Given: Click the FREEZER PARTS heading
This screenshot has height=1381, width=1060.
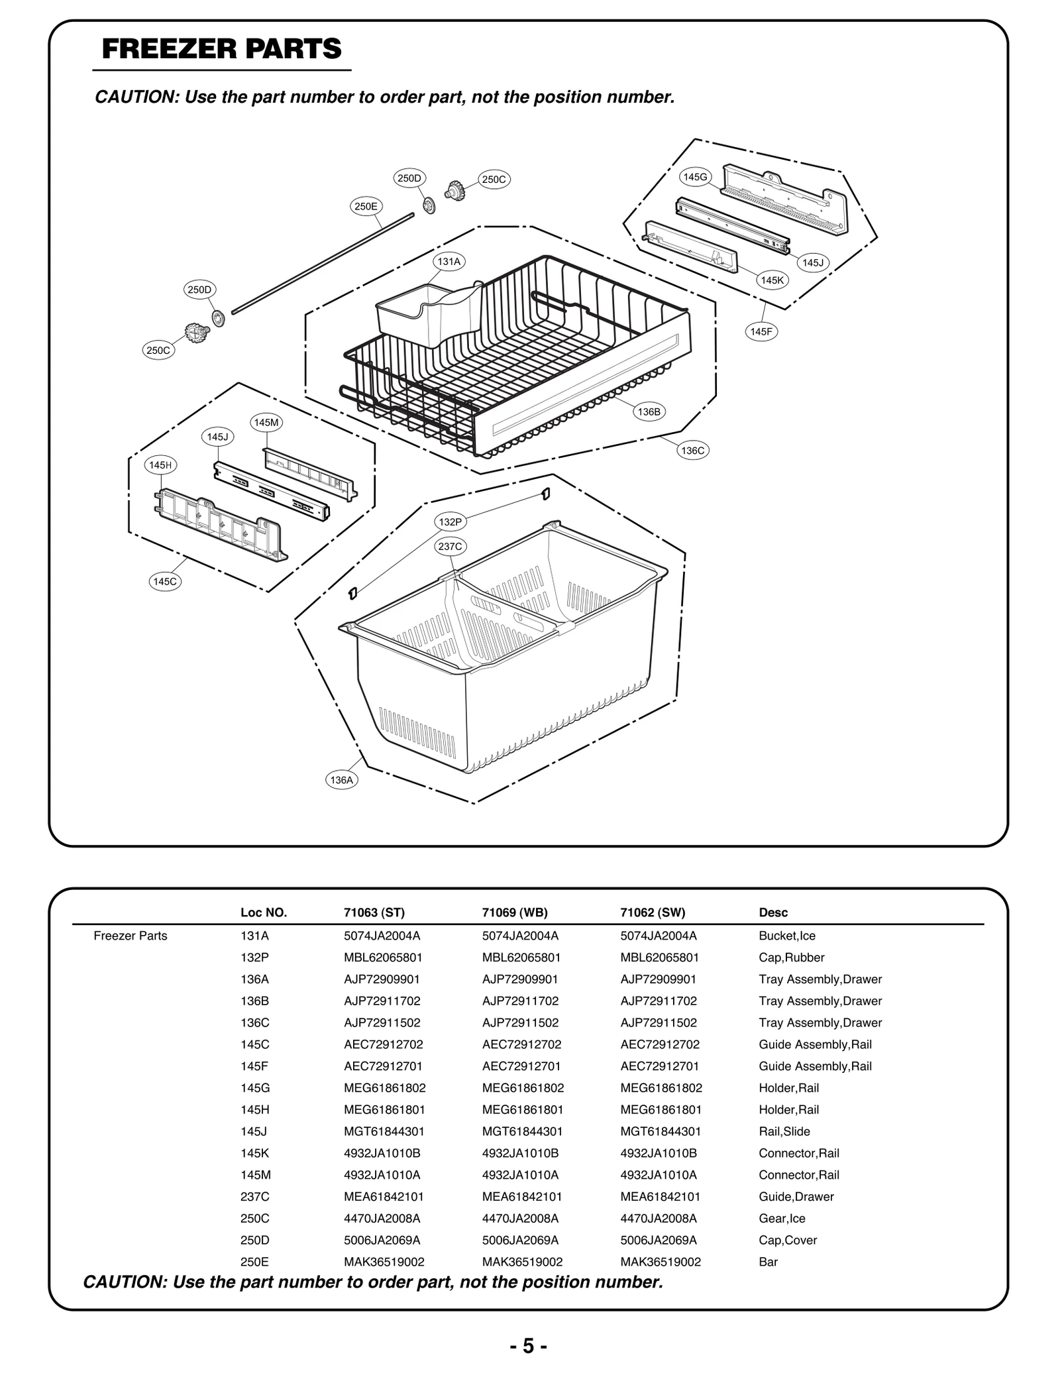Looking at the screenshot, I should click(222, 50).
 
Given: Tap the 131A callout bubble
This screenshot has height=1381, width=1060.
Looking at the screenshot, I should click(449, 262).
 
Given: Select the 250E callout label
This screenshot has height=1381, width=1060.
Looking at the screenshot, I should click(366, 207).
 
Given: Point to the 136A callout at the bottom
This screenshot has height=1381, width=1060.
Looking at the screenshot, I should click(342, 780).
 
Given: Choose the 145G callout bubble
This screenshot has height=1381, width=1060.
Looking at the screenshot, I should click(696, 177).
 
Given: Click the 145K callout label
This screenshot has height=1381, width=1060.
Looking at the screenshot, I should click(772, 280).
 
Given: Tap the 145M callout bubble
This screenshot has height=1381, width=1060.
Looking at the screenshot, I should click(267, 423).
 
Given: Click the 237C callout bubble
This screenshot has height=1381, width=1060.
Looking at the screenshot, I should click(450, 547).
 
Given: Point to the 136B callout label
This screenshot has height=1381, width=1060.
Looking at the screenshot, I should click(649, 412).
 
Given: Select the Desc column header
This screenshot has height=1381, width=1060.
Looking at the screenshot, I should click(773, 912).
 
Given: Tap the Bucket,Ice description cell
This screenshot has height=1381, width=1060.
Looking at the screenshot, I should click(787, 936).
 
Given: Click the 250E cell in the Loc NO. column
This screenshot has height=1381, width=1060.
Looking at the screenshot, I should click(254, 1262).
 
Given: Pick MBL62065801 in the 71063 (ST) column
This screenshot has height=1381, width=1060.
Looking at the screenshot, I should click(383, 958).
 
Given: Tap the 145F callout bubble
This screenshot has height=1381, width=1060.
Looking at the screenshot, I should click(761, 332).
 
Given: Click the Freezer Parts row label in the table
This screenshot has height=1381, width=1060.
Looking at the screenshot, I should click(131, 936).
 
